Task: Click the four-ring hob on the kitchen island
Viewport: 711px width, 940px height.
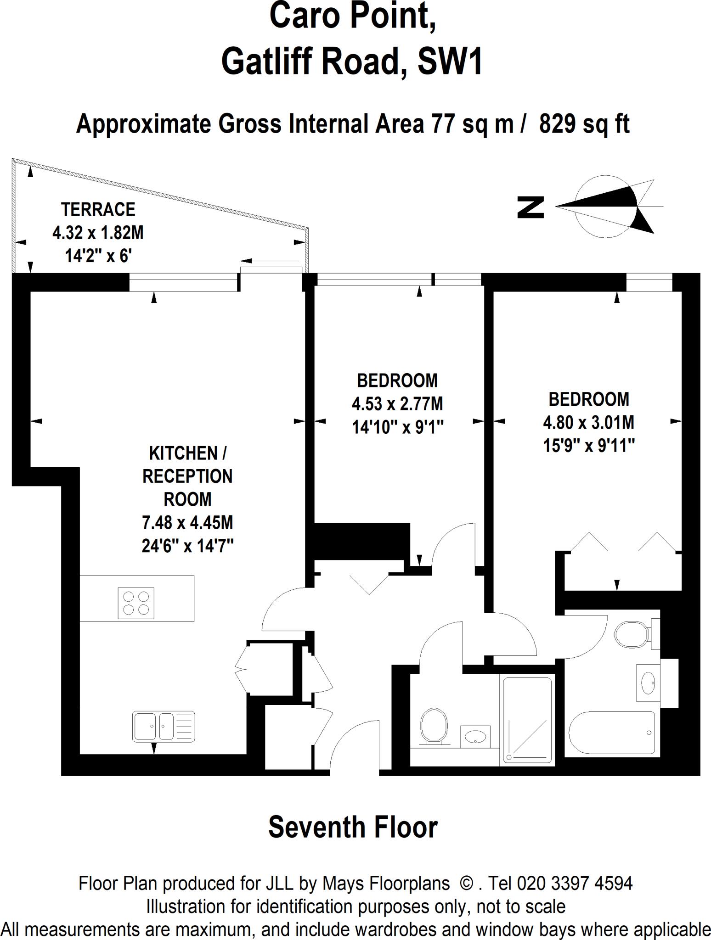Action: (x=136, y=603)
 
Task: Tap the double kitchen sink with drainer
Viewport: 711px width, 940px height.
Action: (x=164, y=726)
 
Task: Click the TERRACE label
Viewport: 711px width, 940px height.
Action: (x=98, y=209)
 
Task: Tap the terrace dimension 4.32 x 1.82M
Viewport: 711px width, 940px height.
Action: (x=98, y=233)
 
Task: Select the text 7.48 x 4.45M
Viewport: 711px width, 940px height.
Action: (x=187, y=522)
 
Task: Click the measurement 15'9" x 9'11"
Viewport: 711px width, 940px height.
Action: (x=589, y=445)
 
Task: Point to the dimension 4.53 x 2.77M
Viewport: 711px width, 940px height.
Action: (x=397, y=404)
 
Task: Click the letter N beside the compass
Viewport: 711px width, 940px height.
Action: (x=531, y=207)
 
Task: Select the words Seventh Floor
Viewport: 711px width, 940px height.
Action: (x=353, y=827)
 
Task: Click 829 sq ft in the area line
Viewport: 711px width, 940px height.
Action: (x=584, y=124)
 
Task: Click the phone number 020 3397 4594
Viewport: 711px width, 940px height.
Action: (x=575, y=883)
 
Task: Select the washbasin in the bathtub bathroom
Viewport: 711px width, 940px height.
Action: (x=649, y=683)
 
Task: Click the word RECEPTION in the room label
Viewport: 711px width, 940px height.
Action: (x=187, y=476)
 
